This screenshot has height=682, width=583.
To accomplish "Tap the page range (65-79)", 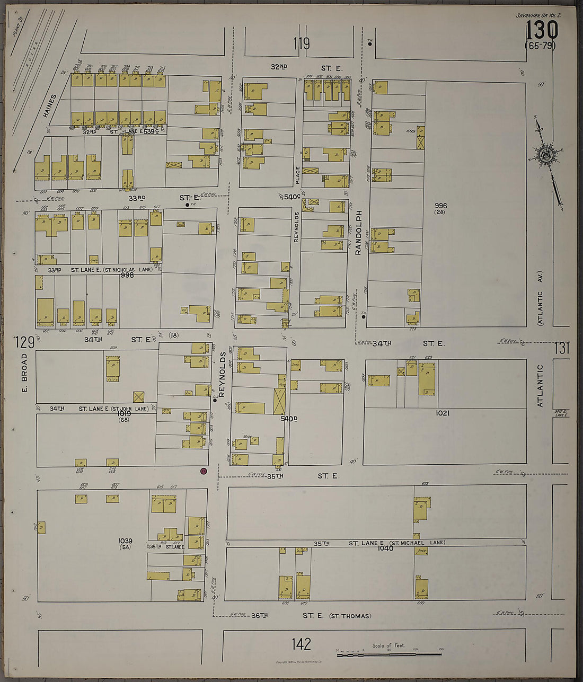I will [540, 46].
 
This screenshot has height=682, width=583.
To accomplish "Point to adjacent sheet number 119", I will [301, 43].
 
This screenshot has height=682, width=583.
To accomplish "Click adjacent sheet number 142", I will [301, 644].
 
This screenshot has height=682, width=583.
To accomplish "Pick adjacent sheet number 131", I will [562, 348].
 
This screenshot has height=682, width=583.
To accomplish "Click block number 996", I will [440, 206].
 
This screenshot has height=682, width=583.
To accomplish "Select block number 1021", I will [442, 413].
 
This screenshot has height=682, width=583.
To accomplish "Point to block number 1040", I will [385, 548].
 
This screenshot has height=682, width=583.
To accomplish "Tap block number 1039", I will [125, 541].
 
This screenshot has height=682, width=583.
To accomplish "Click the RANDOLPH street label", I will [358, 233].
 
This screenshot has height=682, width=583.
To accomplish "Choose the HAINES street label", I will [50, 106].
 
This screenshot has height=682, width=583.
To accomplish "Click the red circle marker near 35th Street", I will [203, 471].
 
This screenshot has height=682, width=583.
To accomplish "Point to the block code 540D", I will [289, 419].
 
